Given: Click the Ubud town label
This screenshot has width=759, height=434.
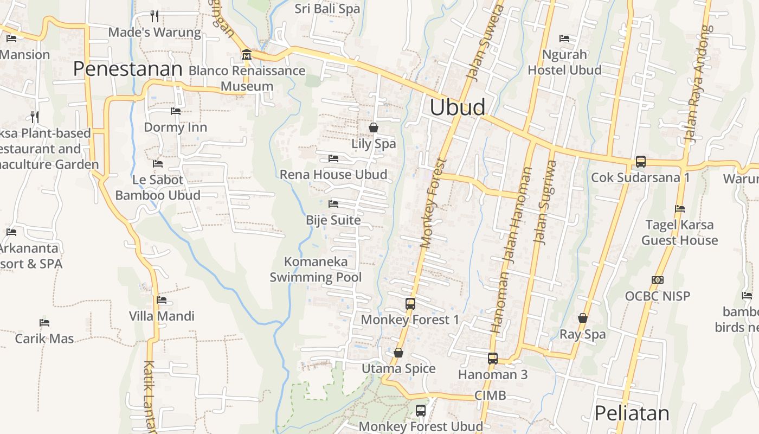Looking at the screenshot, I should click(x=457, y=107).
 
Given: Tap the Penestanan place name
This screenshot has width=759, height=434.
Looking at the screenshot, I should click(x=127, y=69).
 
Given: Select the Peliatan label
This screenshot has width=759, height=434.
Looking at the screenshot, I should click(x=632, y=413).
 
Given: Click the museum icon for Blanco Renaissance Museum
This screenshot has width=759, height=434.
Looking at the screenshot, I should click(x=247, y=54).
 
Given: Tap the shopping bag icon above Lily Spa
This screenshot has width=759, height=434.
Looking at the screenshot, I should click(x=374, y=127).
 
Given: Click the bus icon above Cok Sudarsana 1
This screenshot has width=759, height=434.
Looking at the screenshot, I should click(x=640, y=162).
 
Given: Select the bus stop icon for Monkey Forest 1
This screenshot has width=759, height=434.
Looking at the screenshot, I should click(x=410, y=304).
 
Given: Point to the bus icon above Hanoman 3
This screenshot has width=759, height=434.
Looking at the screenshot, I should click(x=492, y=359).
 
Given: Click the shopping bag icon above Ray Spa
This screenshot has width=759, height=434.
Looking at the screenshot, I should click(x=583, y=318).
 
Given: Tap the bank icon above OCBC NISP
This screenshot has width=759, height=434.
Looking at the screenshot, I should click(x=658, y=280).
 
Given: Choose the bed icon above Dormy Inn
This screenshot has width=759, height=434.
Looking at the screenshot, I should click(x=176, y=111).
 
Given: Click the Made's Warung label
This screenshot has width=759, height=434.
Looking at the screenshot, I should click(x=155, y=33).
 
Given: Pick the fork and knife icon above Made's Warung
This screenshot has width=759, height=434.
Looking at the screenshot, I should click(x=155, y=16).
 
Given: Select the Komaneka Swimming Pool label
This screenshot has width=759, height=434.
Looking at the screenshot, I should click(x=316, y=270).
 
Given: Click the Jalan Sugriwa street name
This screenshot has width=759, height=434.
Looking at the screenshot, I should click(x=545, y=202).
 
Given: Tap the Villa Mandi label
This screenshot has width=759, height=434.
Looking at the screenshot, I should click(x=162, y=316).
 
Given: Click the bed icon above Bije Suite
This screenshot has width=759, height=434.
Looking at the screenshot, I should click(x=333, y=204).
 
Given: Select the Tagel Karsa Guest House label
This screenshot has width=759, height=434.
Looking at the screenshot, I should click(x=679, y=233).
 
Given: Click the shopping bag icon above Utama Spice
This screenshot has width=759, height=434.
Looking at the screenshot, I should click(x=398, y=353).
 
